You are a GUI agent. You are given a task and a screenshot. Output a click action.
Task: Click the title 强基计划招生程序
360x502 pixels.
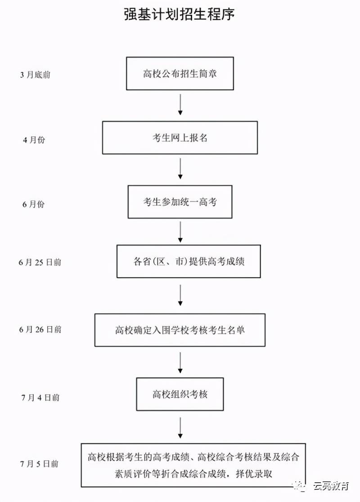[x=180, y=15]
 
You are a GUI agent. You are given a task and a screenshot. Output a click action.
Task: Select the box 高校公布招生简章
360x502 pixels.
[x=180, y=73]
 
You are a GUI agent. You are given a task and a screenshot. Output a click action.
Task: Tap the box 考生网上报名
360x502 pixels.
[x=180, y=138]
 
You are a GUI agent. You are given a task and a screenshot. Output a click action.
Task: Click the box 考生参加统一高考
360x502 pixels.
[x=180, y=202]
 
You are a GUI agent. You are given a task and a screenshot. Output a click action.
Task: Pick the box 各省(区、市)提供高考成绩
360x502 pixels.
[x=189, y=261]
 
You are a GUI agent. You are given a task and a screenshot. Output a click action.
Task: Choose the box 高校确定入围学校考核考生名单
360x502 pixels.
[x=180, y=330]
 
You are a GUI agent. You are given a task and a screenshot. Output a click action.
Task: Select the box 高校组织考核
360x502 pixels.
[x=180, y=394]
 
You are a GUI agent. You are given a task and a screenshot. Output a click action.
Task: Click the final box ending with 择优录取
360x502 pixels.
[x=193, y=465]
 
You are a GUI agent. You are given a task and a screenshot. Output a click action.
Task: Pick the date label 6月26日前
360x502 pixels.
[x=40, y=329]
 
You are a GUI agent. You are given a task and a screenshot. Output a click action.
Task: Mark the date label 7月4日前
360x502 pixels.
[x=40, y=397]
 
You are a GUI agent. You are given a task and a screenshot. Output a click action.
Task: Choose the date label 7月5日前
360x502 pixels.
[x=40, y=463]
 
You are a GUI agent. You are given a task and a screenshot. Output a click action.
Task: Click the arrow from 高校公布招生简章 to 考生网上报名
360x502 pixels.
[x=180, y=105]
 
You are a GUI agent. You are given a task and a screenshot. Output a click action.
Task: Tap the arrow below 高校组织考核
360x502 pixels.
[x=180, y=427]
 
